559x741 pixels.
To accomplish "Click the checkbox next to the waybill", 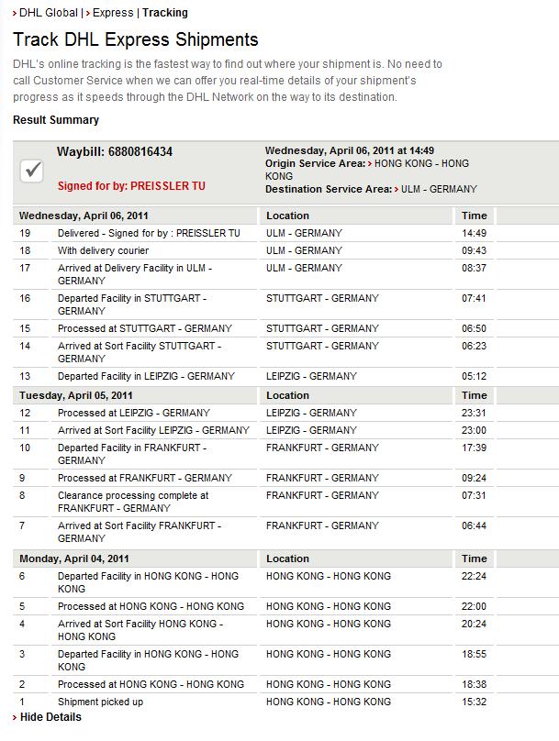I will click(32, 170).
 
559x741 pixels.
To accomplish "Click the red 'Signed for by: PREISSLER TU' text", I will click(131, 185).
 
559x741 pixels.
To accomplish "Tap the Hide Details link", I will click(50, 717).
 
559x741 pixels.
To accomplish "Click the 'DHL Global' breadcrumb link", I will click(50, 13).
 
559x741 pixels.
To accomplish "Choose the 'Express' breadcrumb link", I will click(114, 13).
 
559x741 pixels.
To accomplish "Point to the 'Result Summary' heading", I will click(56, 120).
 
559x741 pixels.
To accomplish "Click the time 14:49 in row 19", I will click(474, 233).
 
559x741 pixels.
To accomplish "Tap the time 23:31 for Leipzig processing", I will click(474, 413).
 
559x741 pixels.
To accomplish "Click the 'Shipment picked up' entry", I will click(100, 702).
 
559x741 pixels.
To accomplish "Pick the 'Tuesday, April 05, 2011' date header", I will click(76, 395).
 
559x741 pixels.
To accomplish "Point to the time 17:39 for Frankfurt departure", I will click(474, 448).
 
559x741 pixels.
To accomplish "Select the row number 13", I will click(25, 376).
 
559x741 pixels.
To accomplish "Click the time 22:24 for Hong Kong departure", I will click(474, 576).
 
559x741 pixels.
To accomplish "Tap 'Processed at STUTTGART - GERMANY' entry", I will click(144, 328).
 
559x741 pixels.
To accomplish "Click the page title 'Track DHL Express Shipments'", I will click(136, 40).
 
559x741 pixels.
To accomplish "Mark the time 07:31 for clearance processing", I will click(474, 495).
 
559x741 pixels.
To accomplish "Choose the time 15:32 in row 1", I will click(474, 702).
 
